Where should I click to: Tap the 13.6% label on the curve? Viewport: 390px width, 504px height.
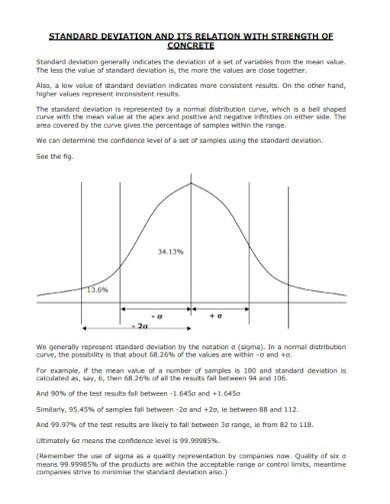point(97,289)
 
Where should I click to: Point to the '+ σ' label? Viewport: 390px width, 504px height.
point(215,314)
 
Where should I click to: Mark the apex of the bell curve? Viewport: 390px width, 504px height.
point(191,182)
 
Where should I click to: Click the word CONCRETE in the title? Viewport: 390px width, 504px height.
point(194,45)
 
